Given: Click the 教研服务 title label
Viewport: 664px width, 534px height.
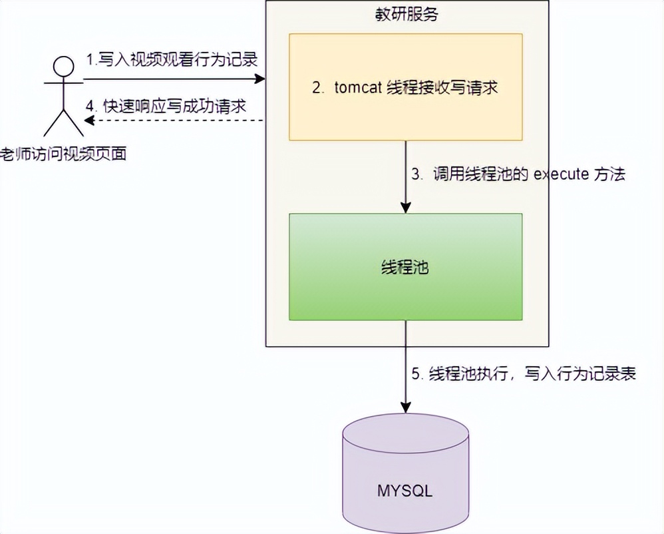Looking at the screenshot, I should click(x=407, y=15).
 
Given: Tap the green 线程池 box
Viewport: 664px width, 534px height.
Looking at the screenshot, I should click(x=405, y=266).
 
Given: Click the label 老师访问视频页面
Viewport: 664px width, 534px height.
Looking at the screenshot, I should click(x=63, y=154).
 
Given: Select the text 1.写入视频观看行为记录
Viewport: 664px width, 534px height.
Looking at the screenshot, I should click(x=172, y=60).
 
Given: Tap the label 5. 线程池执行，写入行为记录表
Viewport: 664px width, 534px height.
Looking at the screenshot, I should click(x=524, y=374).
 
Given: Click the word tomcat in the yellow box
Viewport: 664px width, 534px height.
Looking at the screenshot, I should click(x=358, y=87).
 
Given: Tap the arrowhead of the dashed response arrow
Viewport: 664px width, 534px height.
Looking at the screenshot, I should click(x=88, y=121).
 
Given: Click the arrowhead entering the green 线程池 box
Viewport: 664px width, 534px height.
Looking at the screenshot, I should click(x=405, y=208).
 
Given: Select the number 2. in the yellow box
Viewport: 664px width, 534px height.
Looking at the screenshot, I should click(x=318, y=87).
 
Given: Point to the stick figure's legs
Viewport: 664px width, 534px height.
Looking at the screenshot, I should click(x=63, y=123).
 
